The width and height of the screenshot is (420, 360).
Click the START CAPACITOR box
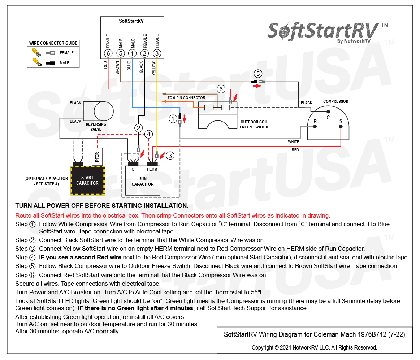[x=88, y=180]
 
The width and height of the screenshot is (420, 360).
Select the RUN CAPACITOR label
[x=143, y=181]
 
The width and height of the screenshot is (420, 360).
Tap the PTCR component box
[x=97, y=157]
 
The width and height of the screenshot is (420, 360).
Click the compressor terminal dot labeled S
[x=341, y=127]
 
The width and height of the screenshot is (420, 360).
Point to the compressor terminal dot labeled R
[x=315, y=127]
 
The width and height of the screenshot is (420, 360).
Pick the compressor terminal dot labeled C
[x=328, y=111]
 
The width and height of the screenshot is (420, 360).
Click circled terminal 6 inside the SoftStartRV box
[x=108, y=53]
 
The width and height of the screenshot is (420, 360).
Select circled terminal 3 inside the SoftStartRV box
[x=157, y=53]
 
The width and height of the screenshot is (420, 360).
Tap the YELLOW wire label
[x=154, y=68]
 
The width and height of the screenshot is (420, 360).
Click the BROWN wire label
[x=117, y=68]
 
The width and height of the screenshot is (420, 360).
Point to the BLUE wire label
[x=129, y=66]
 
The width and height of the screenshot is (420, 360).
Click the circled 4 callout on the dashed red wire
[x=149, y=134]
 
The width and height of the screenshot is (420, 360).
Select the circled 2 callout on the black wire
[x=138, y=128]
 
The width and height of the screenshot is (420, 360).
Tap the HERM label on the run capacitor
[x=152, y=169]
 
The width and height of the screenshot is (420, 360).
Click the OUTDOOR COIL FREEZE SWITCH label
[x=254, y=124]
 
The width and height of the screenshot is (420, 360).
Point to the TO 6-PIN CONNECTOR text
[x=186, y=98]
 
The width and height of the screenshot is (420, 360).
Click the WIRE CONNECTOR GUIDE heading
[x=53, y=43]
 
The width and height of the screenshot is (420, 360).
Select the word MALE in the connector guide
[x=64, y=63]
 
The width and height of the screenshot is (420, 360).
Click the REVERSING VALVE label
[x=96, y=127]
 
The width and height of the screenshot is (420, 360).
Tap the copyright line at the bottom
[x=314, y=347]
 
